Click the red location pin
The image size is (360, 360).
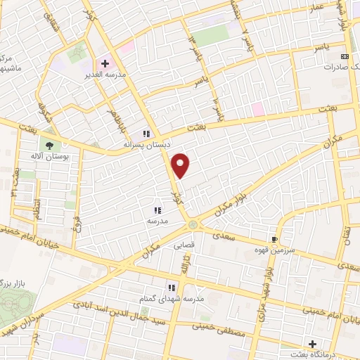(181, 165)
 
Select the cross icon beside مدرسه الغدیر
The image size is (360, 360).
(105, 63)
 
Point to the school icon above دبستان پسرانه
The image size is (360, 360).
(147, 133)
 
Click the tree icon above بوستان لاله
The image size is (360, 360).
(49, 145)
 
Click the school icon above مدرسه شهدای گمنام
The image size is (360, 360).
(171, 287)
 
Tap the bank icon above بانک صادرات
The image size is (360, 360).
(344, 56)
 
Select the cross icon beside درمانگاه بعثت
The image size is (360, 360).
(292, 344)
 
